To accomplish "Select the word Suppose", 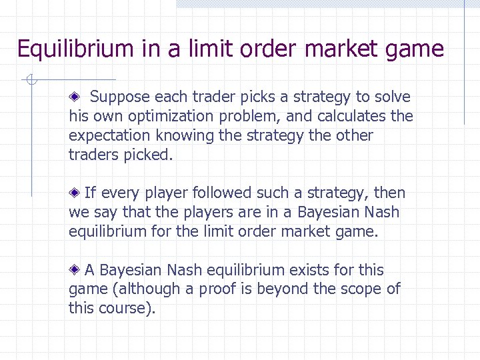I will [x=119, y=97].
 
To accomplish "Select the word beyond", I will [x=285, y=289].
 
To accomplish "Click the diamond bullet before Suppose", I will [x=75, y=97].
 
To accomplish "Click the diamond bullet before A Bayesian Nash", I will [x=75, y=270].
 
